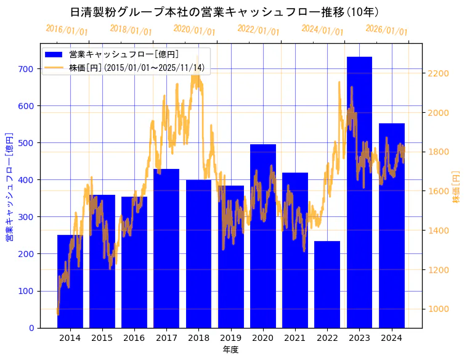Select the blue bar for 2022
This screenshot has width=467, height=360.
coord(327,284)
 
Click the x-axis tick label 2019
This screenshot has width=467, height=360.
coord(230,337)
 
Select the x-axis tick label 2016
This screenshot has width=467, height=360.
coord(134,337)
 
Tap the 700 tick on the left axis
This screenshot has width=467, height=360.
coord(25,68)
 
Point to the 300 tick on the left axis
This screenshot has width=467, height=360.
coord(25,217)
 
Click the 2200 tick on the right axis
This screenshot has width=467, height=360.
coord(439,73)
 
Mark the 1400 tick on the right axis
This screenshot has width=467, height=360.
coord(439,231)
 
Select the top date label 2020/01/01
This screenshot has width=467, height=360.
coord(194,30)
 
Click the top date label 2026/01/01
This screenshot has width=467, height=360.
coord(386,30)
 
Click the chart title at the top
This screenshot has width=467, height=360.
coord(224,12)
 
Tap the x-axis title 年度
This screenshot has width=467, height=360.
coord(230,350)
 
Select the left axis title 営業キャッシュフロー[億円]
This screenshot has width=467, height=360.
coord(9,186)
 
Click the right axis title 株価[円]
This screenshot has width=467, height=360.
coord(457,186)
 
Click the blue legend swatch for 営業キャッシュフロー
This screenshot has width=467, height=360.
coord(54,54)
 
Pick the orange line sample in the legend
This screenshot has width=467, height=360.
coord(54,67)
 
